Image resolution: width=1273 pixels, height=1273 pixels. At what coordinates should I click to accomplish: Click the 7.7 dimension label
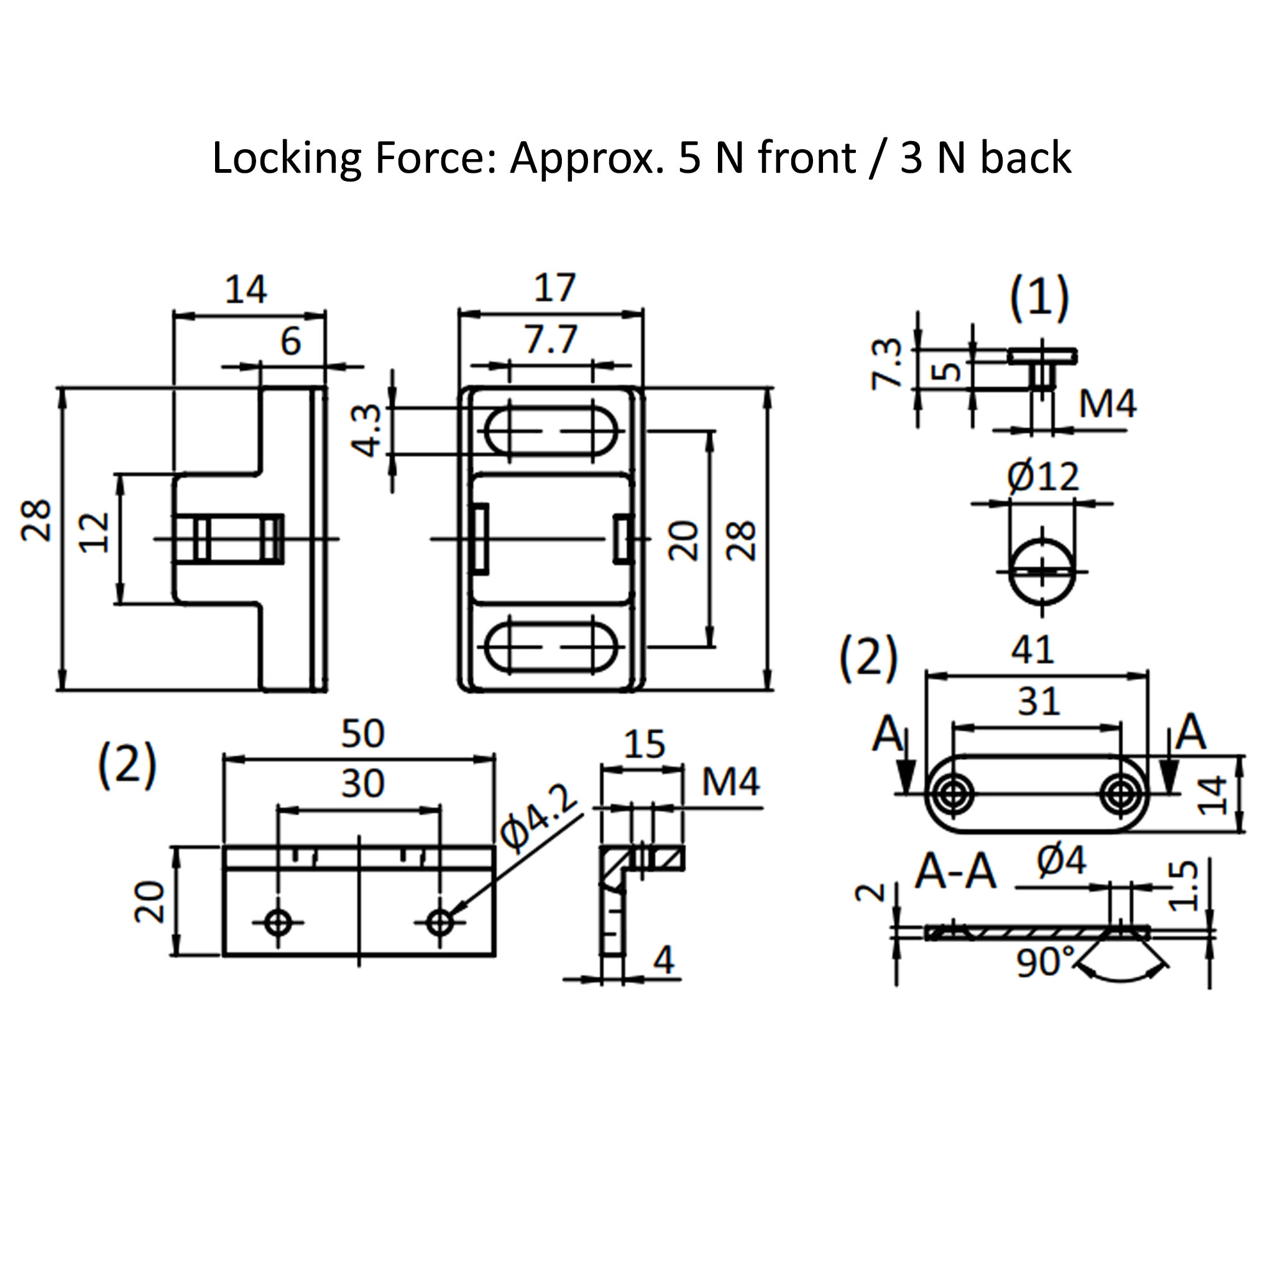click(550, 340)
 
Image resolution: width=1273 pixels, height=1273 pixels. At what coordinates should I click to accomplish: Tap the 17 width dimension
click(554, 288)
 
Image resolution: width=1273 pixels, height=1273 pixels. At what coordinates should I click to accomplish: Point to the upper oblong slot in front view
click(551, 431)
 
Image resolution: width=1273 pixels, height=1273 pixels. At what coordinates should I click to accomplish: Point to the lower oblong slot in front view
click(551, 647)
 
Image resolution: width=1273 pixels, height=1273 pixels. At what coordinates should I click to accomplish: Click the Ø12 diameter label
click(1043, 477)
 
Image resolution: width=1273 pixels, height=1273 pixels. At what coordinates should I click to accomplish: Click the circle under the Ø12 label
click(1042, 571)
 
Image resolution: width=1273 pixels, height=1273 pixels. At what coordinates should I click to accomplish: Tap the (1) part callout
click(1040, 297)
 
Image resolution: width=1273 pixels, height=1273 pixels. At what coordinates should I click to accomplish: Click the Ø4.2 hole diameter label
click(537, 817)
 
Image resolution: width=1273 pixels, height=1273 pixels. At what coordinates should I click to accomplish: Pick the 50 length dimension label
click(362, 734)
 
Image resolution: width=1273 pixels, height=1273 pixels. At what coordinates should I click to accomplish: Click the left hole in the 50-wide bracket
click(278, 922)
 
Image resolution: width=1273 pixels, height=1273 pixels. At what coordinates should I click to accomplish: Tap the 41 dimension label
click(1032, 650)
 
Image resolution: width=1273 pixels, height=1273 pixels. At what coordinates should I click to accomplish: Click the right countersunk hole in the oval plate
click(1119, 794)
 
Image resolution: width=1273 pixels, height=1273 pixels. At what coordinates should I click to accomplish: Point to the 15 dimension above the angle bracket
click(644, 744)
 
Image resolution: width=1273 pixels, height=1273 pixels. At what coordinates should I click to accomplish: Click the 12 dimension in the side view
click(94, 533)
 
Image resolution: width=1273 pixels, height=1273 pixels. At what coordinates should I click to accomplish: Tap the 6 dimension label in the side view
click(290, 341)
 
